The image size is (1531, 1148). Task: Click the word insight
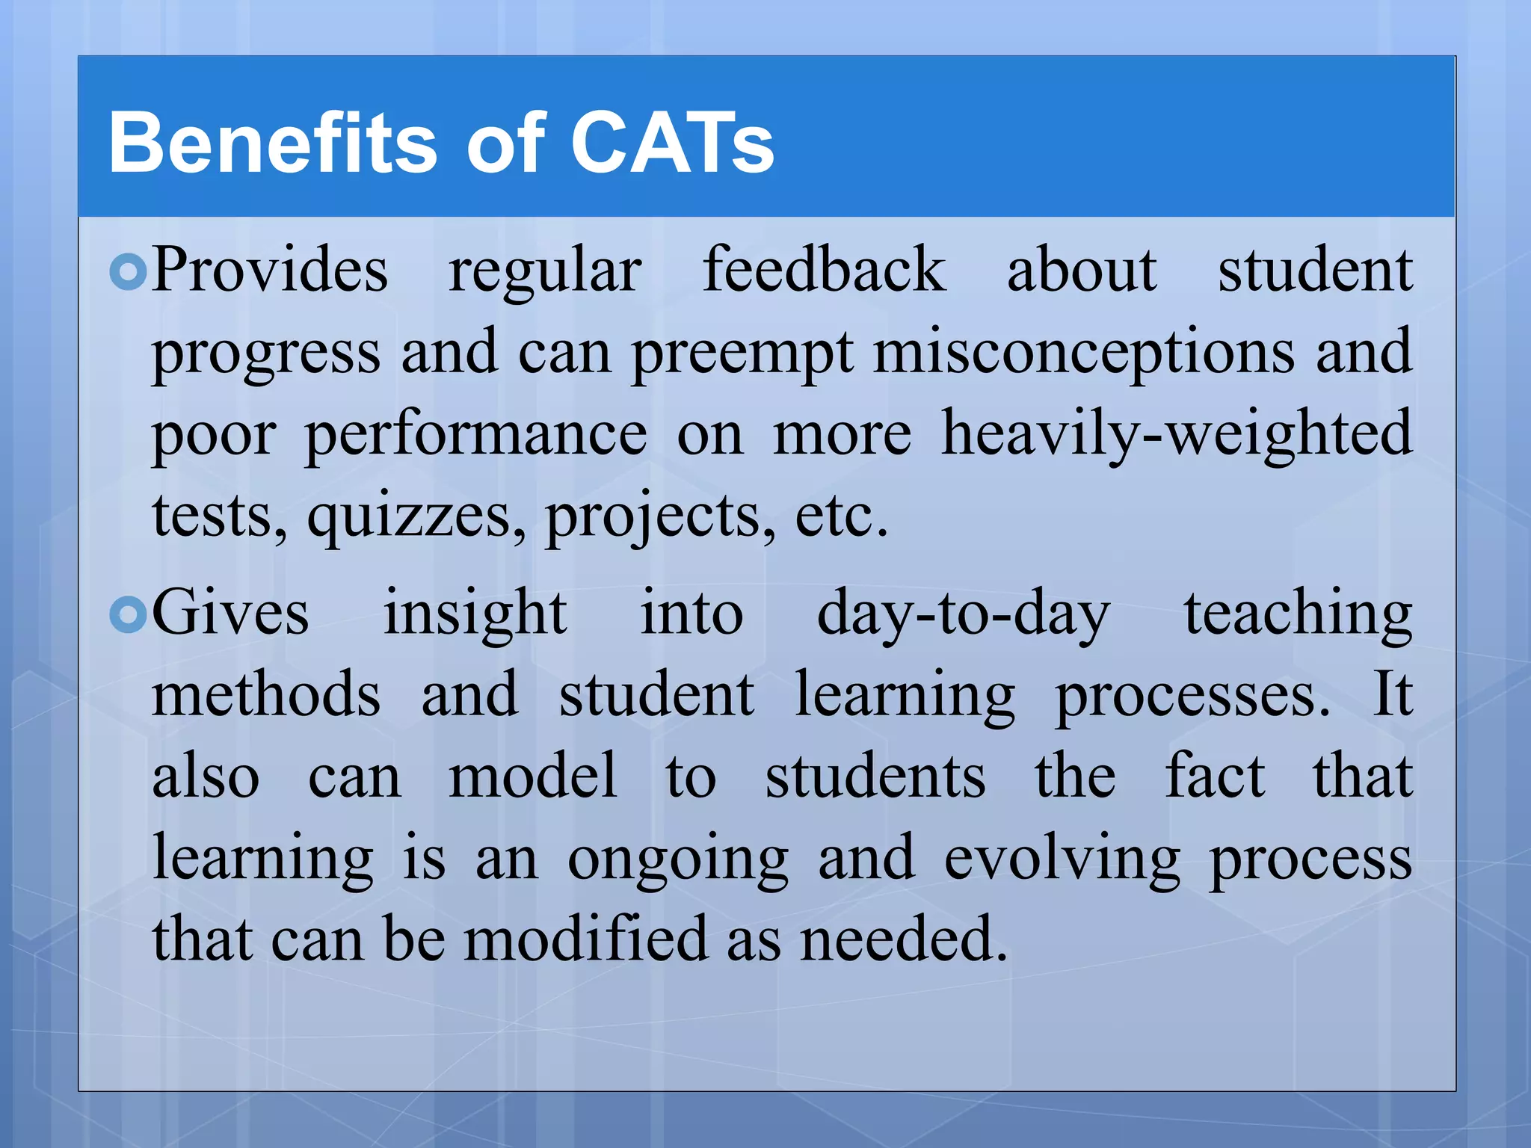click(x=475, y=614)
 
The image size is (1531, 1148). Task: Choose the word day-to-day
click(x=964, y=614)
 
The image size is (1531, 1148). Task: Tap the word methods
click(x=266, y=695)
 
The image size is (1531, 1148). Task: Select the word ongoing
click(x=678, y=860)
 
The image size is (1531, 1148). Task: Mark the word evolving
click(x=1062, y=860)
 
